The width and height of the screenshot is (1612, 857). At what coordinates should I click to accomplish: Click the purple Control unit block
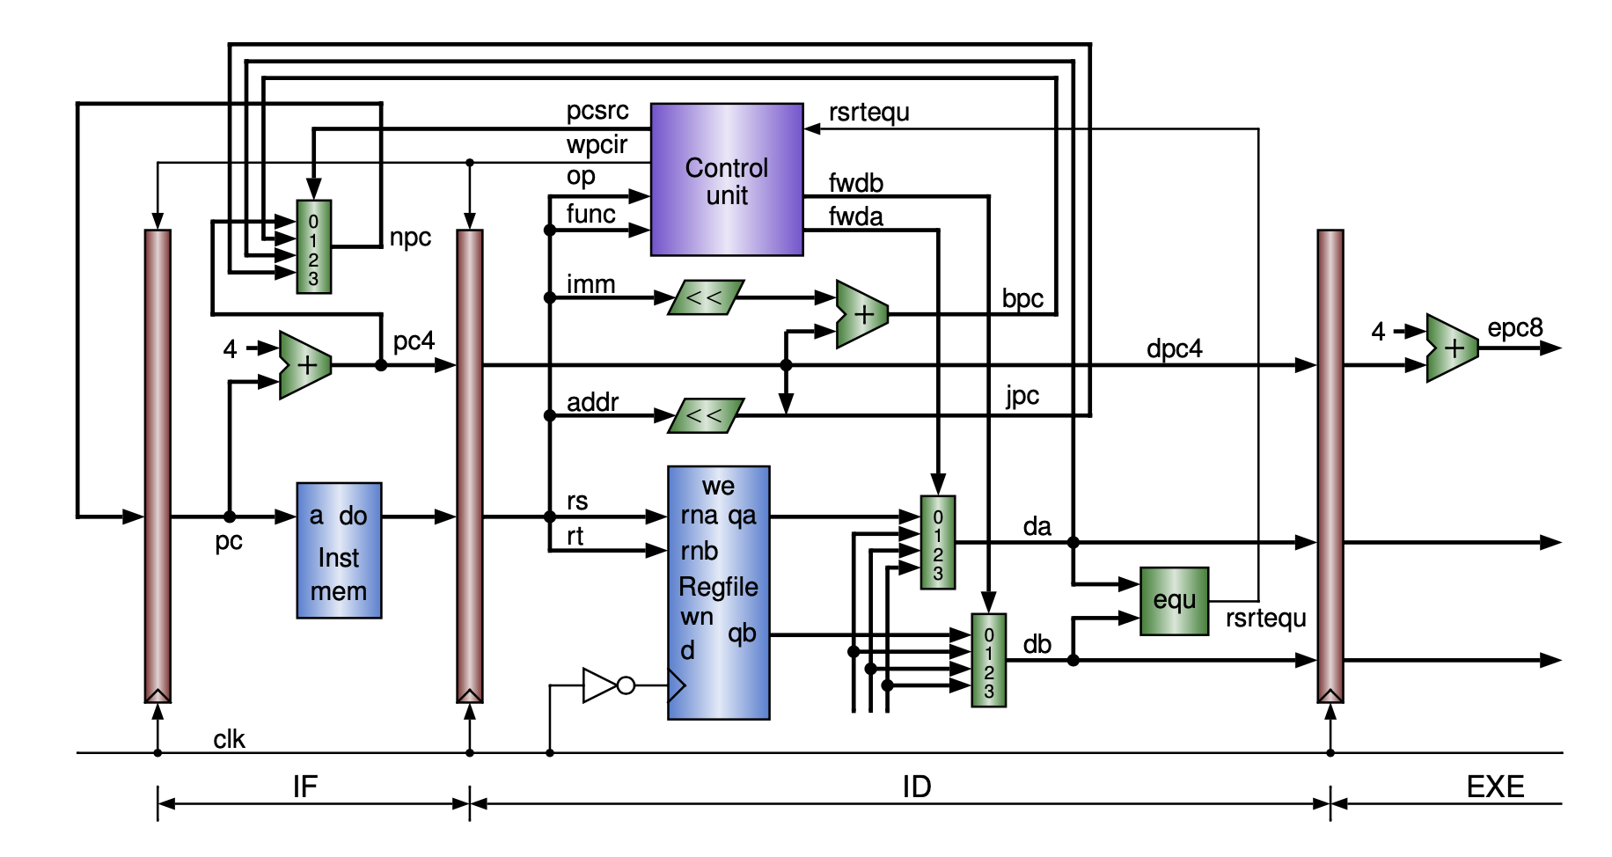coord(726,180)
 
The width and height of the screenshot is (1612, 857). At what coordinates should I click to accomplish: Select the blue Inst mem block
coord(339,551)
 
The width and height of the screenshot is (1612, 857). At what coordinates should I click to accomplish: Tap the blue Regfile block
coord(718,592)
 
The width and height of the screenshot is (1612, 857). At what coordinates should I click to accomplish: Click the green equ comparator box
coord(1174,601)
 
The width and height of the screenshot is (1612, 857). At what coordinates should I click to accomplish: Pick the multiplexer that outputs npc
coord(313,247)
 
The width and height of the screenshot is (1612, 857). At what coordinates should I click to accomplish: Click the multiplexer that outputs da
coord(937,543)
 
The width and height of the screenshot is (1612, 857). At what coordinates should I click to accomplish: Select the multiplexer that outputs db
coord(988,660)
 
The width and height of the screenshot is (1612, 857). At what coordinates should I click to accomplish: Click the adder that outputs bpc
coord(861,314)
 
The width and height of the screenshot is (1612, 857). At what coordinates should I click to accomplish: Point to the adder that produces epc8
coord(1451,348)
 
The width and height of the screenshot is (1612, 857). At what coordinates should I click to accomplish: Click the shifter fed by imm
coord(706,297)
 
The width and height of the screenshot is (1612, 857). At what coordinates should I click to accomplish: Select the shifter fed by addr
coord(706,415)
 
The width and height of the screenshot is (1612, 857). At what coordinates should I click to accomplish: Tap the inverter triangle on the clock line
coord(601,685)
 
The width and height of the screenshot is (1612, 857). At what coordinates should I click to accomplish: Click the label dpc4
coord(1174,349)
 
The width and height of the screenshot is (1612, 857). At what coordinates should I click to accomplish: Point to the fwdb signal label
coord(855,183)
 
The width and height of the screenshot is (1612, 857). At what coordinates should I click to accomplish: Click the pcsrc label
coord(597,111)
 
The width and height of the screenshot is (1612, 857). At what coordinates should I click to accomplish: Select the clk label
coord(229,739)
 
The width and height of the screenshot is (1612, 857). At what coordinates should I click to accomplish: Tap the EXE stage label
coord(1495,786)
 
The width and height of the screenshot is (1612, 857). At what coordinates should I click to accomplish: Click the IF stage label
coord(304,786)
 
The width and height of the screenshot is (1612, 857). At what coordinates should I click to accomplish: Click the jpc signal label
coord(1022,396)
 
